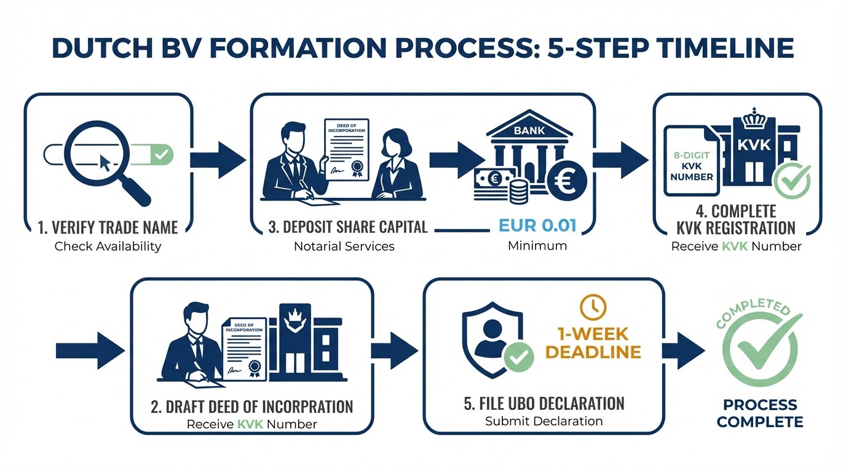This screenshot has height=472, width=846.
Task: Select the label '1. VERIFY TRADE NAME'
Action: pos(108,227)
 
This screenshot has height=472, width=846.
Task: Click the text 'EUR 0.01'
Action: pos(537,225)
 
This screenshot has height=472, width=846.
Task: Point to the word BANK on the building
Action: pos(529,130)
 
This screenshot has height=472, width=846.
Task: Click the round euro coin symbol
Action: pos(565,181)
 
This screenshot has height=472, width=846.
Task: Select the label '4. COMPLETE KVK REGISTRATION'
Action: pos(736,220)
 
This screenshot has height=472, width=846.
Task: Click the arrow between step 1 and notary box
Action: pos(216,159)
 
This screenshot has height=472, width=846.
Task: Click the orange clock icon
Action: pos(593,306)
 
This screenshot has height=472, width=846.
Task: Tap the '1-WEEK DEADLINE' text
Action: pos(593,343)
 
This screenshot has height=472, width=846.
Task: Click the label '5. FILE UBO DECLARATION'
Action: pos(544,404)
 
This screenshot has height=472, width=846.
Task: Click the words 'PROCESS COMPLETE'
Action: pos(760,413)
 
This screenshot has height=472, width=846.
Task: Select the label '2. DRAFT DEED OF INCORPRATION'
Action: pos(252,406)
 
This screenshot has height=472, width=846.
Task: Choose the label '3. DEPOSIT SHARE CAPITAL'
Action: pos(347,227)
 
